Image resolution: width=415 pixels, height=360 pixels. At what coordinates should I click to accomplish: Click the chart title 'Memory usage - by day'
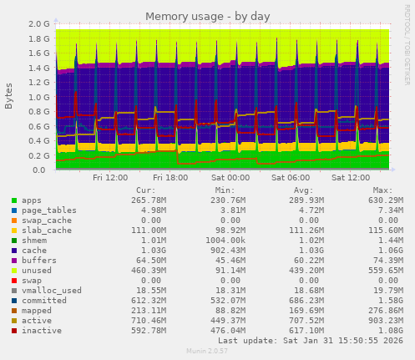point(207,16)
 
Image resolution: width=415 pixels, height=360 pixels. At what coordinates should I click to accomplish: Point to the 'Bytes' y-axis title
point(8,97)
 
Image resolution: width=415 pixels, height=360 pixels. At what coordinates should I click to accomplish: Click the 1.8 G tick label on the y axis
point(38,38)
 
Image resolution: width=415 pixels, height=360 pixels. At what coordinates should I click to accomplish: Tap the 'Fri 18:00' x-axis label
point(170,178)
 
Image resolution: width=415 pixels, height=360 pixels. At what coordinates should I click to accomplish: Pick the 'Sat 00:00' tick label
point(231,178)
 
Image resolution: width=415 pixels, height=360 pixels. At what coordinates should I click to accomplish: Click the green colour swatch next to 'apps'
point(14,200)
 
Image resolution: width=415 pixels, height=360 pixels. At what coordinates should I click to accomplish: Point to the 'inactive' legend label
point(41,330)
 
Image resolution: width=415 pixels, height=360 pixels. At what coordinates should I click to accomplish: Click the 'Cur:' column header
point(145,190)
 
